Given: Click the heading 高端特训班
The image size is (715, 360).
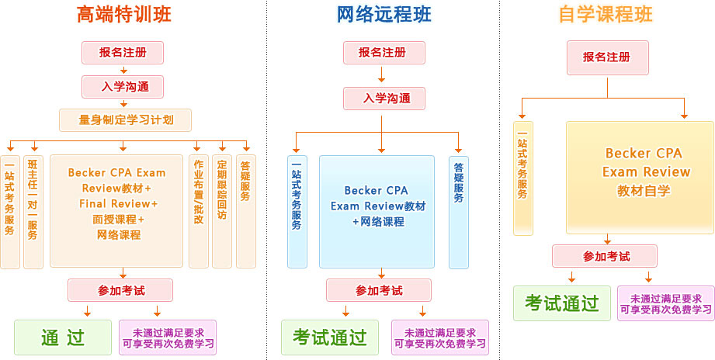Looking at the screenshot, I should [124, 14].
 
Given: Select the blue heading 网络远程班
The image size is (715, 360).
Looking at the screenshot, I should [384, 14].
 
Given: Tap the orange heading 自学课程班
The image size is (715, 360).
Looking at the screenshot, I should [606, 14].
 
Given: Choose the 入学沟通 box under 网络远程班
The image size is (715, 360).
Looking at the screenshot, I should [384, 99].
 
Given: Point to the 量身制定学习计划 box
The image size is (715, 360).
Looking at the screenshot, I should [125, 120].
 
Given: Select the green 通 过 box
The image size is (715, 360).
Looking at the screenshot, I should [63, 337].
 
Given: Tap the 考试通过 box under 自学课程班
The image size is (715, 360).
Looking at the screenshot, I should [561, 303].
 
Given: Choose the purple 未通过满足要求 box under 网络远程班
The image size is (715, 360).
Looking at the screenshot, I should [439, 337].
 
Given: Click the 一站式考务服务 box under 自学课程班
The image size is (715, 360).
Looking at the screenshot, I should [522, 178].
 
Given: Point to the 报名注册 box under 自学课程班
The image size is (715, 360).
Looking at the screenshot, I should [608, 57].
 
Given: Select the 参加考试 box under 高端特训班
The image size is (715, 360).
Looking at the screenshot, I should [121, 291].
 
